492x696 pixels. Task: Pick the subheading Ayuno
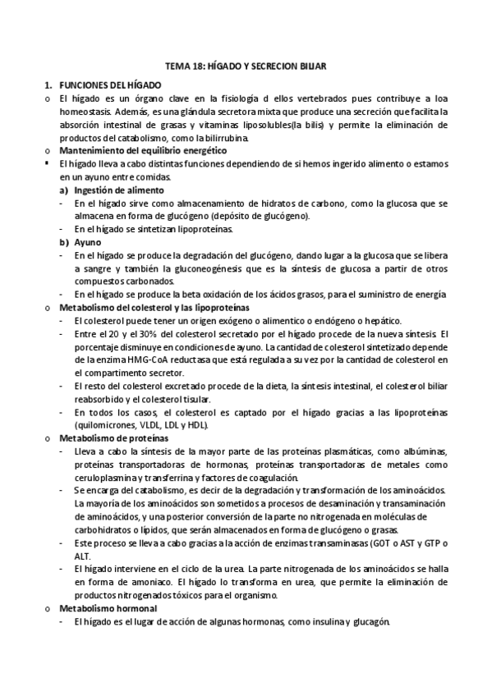point(86,242)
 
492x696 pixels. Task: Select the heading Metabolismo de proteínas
point(111,438)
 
